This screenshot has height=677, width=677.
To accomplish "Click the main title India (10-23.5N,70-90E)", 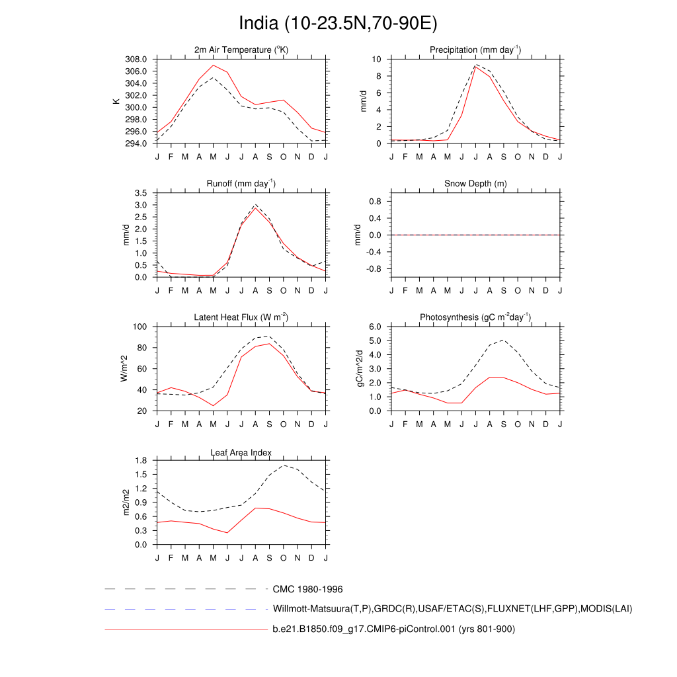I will (x=338, y=24).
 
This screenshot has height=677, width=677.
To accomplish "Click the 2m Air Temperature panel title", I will (x=241, y=50).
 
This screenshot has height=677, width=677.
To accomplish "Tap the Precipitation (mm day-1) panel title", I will (x=475, y=50).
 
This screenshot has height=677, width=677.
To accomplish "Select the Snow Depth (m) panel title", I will (x=475, y=183).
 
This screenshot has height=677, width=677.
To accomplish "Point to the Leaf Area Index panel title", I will (x=241, y=452).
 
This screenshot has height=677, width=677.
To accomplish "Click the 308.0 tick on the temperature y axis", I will (x=139, y=59).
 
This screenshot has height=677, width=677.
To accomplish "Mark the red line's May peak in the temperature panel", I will (x=213, y=65).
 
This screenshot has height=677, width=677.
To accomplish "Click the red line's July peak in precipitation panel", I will (x=475, y=67).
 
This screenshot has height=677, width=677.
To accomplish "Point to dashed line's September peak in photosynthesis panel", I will (x=504, y=340).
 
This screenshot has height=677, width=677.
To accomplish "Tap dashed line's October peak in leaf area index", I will (x=284, y=465).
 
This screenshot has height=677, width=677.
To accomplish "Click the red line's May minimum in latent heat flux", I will (x=213, y=406).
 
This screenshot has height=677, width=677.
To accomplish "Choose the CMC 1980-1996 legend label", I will (x=307, y=588).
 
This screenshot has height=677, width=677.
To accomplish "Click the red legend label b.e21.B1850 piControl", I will (x=393, y=629).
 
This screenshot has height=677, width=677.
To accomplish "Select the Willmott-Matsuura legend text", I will (x=452, y=608).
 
